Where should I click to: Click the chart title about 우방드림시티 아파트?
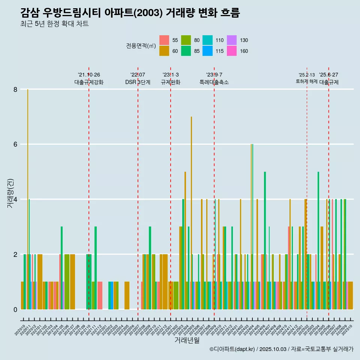point(130,13)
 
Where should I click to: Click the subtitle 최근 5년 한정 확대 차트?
point(54,24)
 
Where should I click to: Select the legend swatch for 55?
point(164,40)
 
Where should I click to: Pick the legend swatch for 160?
point(232,51)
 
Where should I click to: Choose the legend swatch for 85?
point(186,51)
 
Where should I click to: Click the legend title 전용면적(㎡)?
point(141,46)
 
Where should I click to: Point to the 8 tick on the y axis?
point(15,89)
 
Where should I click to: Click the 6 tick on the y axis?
point(15,144)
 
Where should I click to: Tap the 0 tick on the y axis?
point(15,309)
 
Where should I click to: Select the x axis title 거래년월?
point(187,340)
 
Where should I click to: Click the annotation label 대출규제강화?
point(89,82)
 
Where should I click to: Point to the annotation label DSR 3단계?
point(138,82)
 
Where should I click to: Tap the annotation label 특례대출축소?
point(214,82)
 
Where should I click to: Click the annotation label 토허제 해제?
point(306,81)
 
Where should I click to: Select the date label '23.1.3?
point(171,75)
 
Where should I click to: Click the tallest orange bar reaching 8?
point(28,199)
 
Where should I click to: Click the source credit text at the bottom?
point(281,349)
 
